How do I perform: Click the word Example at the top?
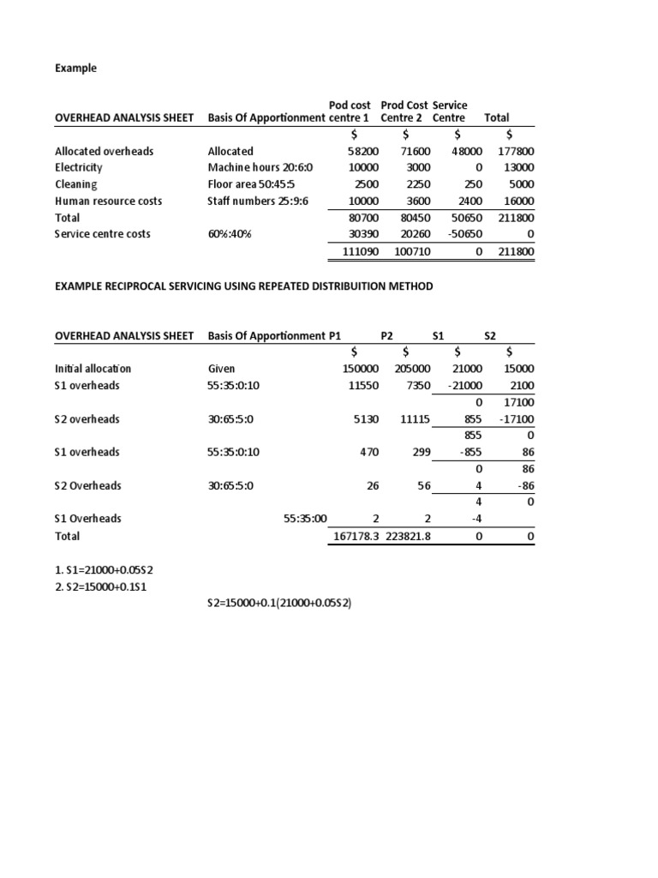(76, 69)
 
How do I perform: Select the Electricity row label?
(79, 167)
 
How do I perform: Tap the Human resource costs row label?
(109, 201)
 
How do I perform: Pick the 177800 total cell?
(515, 151)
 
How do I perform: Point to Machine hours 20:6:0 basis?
(260, 167)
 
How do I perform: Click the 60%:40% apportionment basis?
(230, 234)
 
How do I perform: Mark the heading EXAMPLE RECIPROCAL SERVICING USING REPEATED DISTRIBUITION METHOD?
(244, 286)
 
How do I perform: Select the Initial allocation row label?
(93, 369)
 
